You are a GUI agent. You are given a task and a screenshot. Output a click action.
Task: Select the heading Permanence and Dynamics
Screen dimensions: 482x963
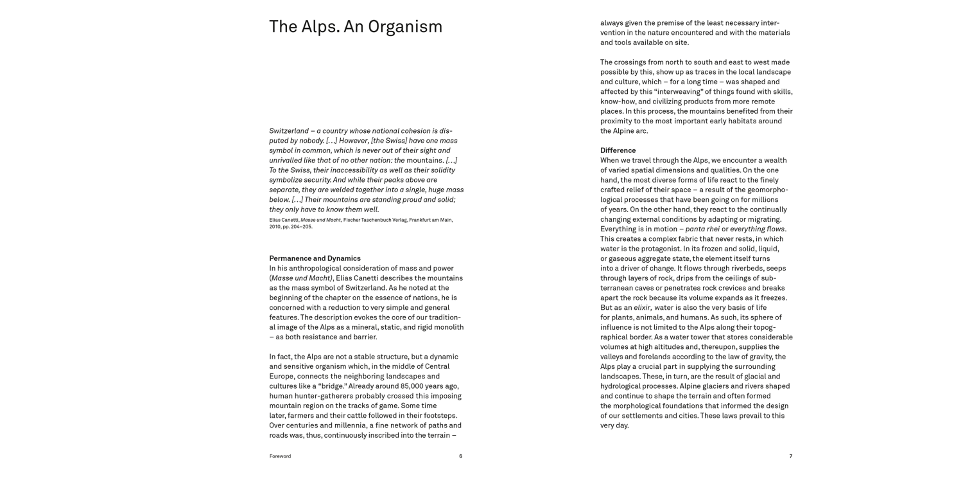pyautogui.click(x=315, y=258)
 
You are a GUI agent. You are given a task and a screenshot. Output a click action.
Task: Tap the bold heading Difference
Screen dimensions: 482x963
pyautogui.click(x=618, y=150)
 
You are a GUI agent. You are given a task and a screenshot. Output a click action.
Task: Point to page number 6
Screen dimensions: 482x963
pyautogui.click(x=460, y=456)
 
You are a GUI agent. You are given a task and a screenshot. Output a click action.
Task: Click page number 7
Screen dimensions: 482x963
pyautogui.click(x=790, y=456)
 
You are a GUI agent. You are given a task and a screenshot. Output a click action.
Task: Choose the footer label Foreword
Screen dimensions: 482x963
pyautogui.click(x=280, y=456)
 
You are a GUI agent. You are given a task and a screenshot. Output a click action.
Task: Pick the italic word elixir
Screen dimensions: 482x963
pyautogui.click(x=642, y=308)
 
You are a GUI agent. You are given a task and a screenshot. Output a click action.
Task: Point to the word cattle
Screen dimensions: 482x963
pyautogui.click(x=345, y=416)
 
